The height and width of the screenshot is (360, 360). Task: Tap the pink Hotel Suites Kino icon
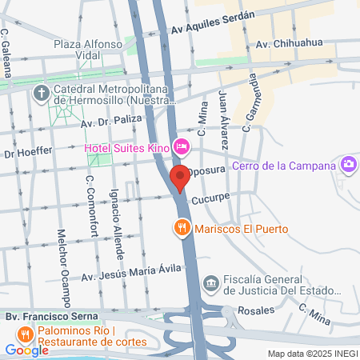182,146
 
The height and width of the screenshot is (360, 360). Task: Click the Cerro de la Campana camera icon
348,166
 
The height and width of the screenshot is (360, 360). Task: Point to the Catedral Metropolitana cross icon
42,93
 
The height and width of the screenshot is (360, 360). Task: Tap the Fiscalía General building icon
210,282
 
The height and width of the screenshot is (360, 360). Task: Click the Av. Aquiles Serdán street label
212,23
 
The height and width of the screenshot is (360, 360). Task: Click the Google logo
27,350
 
